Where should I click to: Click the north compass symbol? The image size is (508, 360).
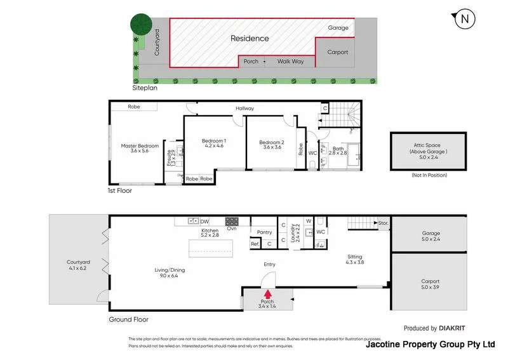[x=465, y=20]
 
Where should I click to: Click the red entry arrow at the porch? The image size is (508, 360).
[x=268, y=294]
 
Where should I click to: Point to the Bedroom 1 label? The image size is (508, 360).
[x=214, y=143]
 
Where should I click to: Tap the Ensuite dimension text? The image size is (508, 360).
[x=171, y=157]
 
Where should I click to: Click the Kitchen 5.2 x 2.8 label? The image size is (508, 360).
[x=210, y=233]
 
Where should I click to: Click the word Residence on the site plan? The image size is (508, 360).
[x=249, y=38]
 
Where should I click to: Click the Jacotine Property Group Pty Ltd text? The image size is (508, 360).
[x=430, y=345]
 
